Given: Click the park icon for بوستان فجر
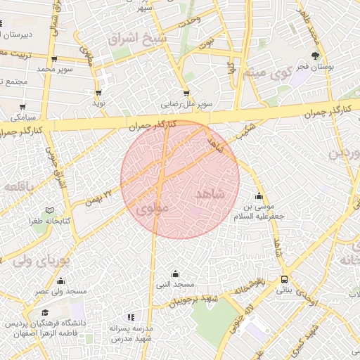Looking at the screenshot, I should [316, 56].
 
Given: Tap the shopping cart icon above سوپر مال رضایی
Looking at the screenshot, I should [186, 93].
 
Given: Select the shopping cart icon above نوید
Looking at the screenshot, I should [98, 92].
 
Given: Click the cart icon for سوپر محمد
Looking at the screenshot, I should [54, 60].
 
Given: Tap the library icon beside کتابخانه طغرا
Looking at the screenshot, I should [49, 210].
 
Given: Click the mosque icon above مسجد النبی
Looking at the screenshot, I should [175, 274].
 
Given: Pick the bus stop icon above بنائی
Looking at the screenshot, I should [285, 278].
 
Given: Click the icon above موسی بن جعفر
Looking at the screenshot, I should [260, 196].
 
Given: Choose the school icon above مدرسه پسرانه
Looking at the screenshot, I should [130, 317].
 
